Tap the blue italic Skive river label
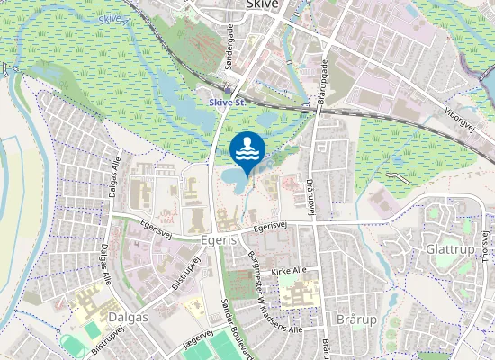(x=109, y=19)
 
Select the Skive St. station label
(x=227, y=103)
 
